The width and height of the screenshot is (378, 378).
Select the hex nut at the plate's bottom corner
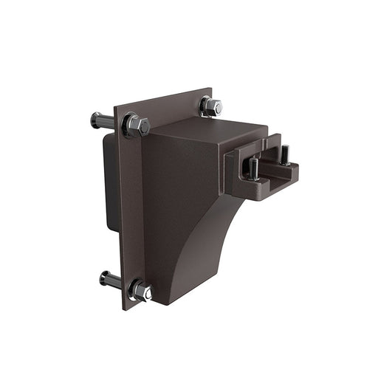[x=142, y=291]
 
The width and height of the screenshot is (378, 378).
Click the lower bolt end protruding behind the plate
[x=108, y=280]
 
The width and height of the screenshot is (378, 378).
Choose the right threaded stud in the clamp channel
[x=284, y=155]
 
